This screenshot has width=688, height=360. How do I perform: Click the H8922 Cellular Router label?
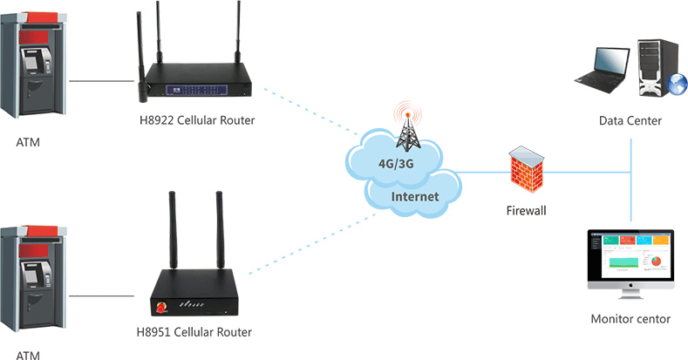pos(197,119)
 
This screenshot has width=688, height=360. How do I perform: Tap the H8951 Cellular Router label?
pos(194,332)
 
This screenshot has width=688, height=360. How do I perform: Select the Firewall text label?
pos(526,210)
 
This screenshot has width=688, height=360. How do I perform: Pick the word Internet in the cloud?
pos(415,197)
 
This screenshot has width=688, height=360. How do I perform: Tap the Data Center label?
pos(630,119)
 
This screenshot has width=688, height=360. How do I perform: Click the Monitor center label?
pos(630,319)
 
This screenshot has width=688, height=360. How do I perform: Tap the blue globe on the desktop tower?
pos(677,85)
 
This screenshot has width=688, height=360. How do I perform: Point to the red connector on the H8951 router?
pos(161,307)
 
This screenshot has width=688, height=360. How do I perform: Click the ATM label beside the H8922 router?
pos(28,142)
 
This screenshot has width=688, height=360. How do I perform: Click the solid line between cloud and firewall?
pos(484,173)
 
